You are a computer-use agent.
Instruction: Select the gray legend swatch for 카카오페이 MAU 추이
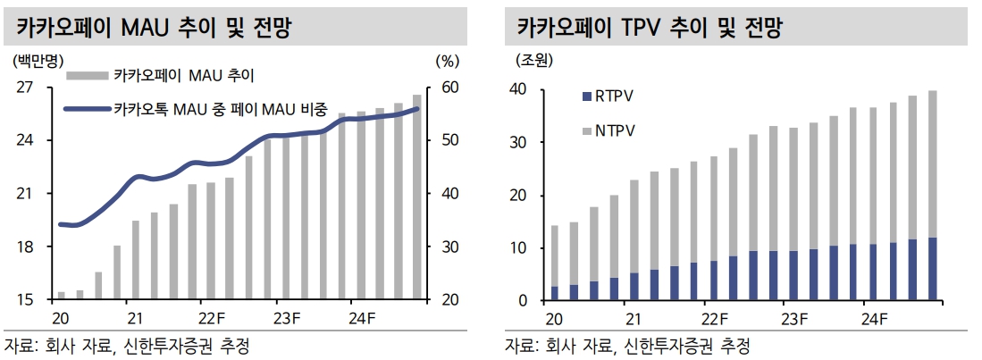click(x=86, y=75)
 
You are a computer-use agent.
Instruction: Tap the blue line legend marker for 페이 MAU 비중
click(x=86, y=109)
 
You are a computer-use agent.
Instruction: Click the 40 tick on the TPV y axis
click(x=517, y=90)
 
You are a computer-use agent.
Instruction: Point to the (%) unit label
click(x=447, y=61)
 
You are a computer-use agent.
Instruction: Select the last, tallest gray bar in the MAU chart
click(x=417, y=197)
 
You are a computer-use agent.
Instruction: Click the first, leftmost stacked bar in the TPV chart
click(x=554, y=264)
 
